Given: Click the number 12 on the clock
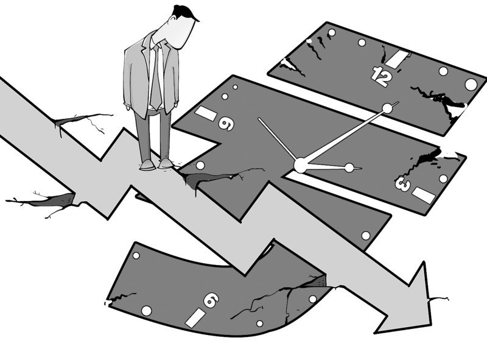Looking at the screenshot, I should pos(382,76).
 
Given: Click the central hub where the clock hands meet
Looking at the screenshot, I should pos(300,164).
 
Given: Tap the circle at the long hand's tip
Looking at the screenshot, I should pos(387,108).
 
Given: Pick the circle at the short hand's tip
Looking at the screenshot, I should pos(349,168).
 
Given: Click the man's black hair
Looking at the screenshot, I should pos(184,13).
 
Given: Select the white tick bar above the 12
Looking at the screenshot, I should pos(399,59).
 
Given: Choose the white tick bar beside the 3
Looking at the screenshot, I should pos(424,195).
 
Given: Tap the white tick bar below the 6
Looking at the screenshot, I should pos(195,317).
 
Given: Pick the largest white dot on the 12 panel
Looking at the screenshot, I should pos(471,84).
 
